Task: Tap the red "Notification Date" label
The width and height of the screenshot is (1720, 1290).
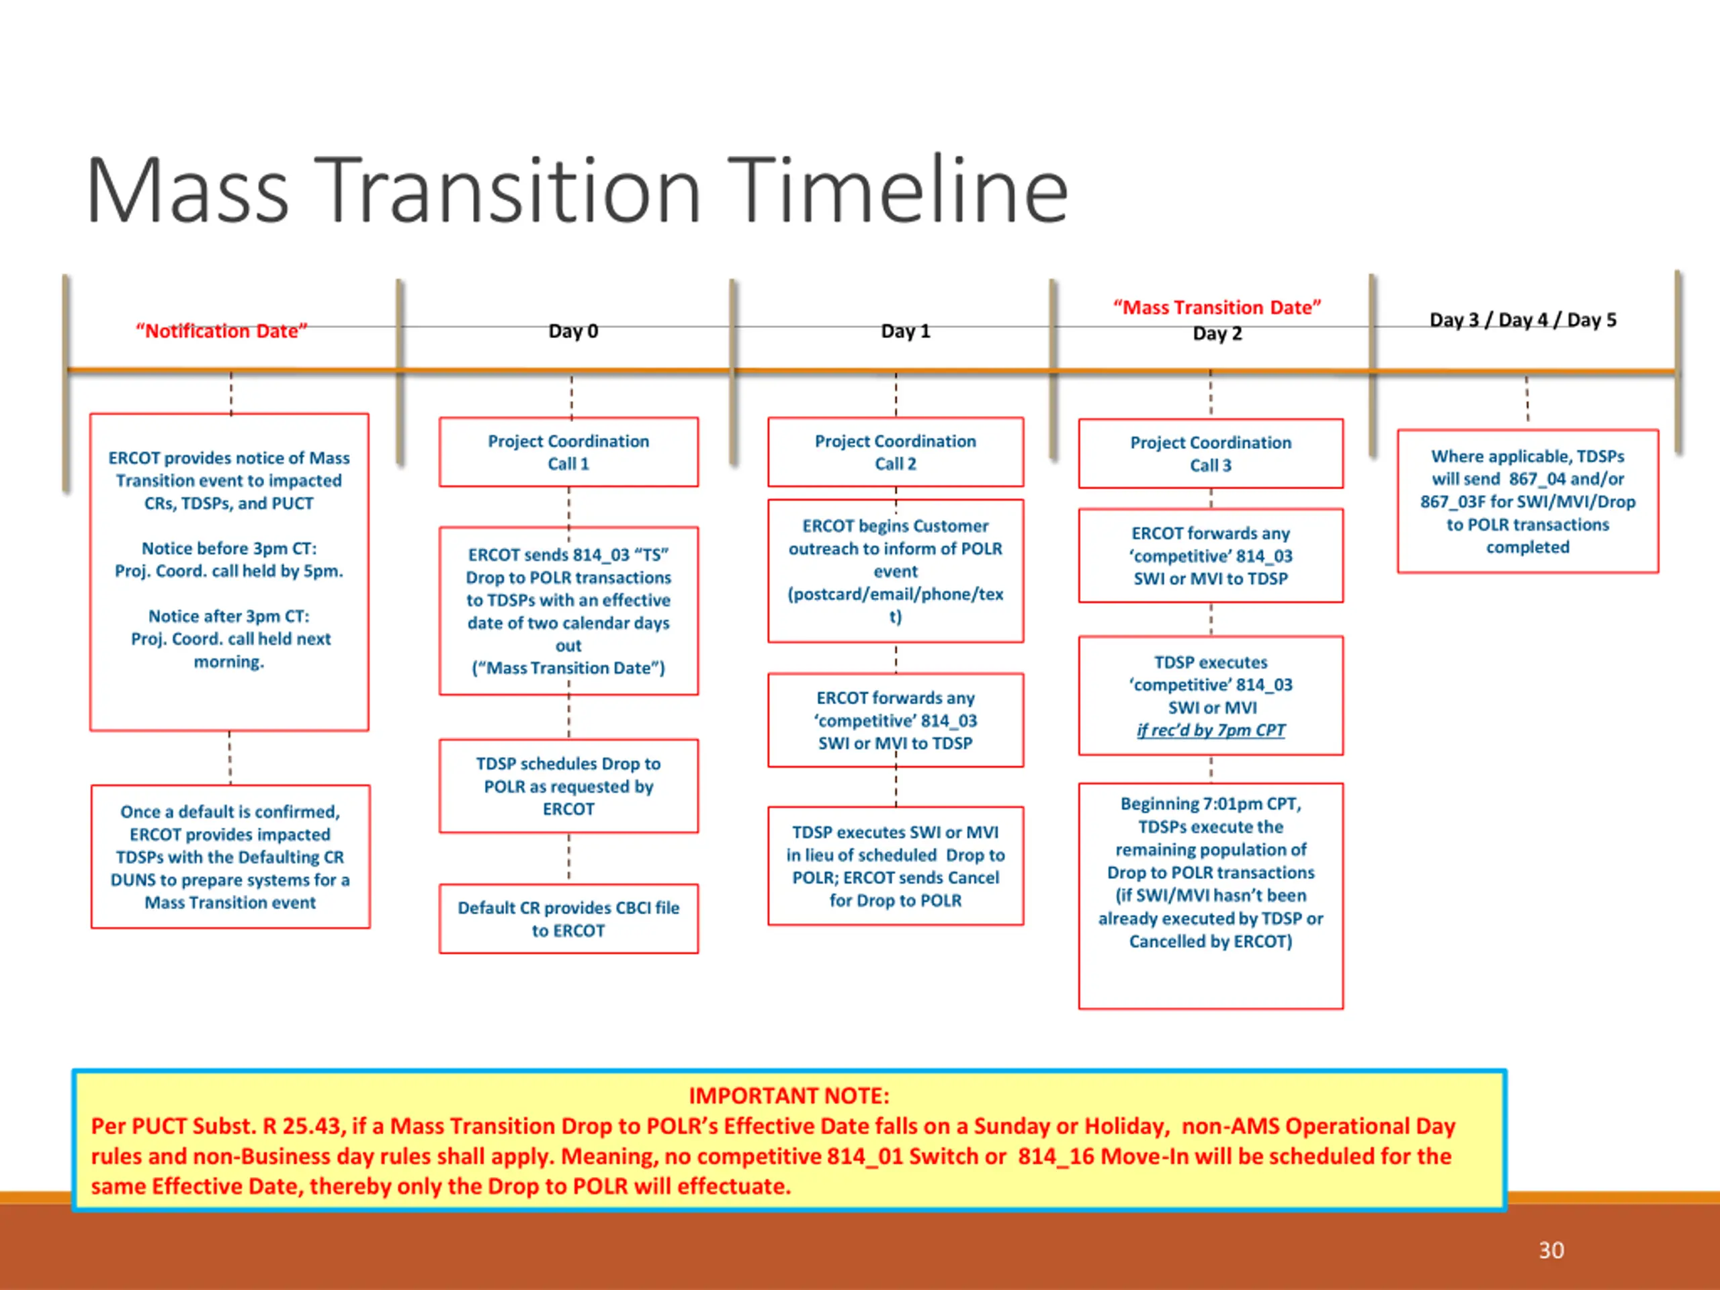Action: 222,331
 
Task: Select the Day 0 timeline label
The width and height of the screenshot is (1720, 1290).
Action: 573,331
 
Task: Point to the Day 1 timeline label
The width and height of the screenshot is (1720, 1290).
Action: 905,331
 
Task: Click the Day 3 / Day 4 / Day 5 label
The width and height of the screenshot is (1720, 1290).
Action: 1522,320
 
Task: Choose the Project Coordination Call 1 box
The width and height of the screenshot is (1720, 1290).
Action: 568,453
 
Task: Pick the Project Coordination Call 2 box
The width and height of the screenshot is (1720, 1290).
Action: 895,453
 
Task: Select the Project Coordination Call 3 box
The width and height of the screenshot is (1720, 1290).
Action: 1210,454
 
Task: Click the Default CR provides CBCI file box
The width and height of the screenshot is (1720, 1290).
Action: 568,919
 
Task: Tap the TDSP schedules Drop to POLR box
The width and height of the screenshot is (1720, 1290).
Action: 568,786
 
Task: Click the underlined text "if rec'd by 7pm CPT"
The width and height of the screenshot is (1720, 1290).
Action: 1210,730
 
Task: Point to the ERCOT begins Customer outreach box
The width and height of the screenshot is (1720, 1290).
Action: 895,570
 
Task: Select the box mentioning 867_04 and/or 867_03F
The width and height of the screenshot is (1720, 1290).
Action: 1527,501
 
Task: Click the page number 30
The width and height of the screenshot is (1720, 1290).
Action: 1551,1250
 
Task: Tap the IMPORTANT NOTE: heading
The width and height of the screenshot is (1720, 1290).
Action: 789,1096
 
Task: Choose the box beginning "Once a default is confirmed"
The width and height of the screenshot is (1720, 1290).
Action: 230,857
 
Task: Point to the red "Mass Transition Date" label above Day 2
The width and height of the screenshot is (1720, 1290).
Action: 1217,308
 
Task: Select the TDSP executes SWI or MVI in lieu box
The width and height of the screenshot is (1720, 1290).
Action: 895,866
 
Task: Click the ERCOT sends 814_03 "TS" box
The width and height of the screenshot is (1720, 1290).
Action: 568,611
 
